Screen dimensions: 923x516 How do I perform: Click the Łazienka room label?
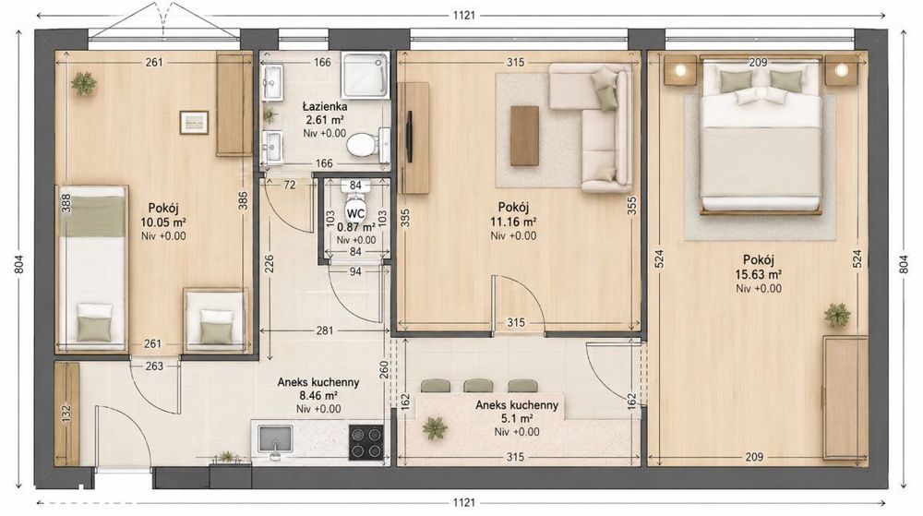coord(324,106)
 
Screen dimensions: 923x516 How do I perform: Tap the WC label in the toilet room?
coord(355,212)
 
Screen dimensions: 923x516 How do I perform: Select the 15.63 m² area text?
coord(758,273)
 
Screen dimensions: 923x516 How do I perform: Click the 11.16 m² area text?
coord(512,222)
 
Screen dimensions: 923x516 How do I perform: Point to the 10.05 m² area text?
coord(163,222)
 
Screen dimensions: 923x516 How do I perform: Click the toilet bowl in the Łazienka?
coord(362,145)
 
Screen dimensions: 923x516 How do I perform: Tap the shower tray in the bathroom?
coord(365,75)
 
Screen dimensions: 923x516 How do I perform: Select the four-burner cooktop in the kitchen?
coord(366,442)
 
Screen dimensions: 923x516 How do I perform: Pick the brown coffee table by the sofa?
coord(524,136)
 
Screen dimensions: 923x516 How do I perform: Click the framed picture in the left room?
coord(194,123)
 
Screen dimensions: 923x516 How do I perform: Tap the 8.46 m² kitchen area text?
coord(318,395)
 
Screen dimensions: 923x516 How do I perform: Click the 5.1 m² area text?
coord(516,418)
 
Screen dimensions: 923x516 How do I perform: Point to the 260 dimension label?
coord(384,369)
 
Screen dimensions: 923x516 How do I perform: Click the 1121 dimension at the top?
coord(464,16)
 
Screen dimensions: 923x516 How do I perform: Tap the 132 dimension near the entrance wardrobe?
coord(66,414)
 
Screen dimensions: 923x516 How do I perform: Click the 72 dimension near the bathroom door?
coord(290,185)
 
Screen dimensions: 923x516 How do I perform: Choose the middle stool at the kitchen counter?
coord(478,386)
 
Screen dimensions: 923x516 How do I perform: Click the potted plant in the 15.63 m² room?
coord(837,316)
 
